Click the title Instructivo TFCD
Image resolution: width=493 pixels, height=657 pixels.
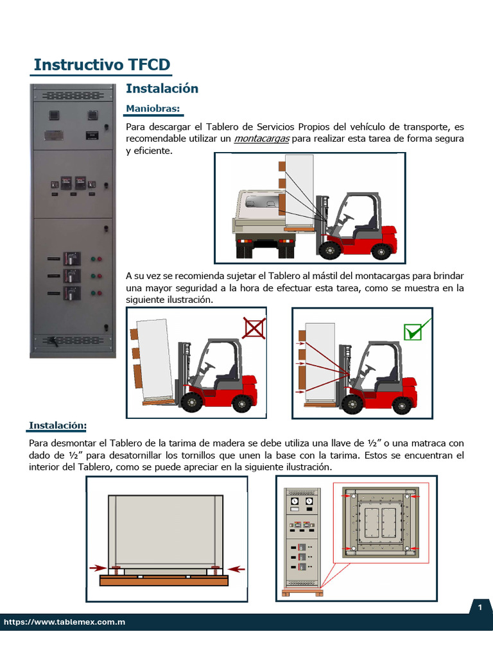tap(101, 65)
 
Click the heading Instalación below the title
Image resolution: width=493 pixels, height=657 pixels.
tap(162, 89)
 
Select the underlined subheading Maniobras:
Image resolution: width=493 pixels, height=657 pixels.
tap(153, 108)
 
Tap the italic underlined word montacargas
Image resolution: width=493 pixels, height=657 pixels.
tap(262, 139)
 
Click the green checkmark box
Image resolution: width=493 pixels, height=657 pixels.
tap(412, 332)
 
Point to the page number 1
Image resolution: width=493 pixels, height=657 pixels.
tap(479, 608)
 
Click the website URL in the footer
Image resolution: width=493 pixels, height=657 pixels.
tap(64, 622)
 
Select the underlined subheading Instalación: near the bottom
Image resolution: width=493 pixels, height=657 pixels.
tap(58, 425)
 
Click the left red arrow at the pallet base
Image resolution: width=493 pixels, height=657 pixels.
tap(98, 568)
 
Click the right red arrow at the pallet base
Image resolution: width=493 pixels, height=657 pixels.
tap(236, 568)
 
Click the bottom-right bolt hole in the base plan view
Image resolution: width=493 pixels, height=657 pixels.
tap(408, 549)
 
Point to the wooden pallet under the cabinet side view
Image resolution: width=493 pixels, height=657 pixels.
tap(164, 581)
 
